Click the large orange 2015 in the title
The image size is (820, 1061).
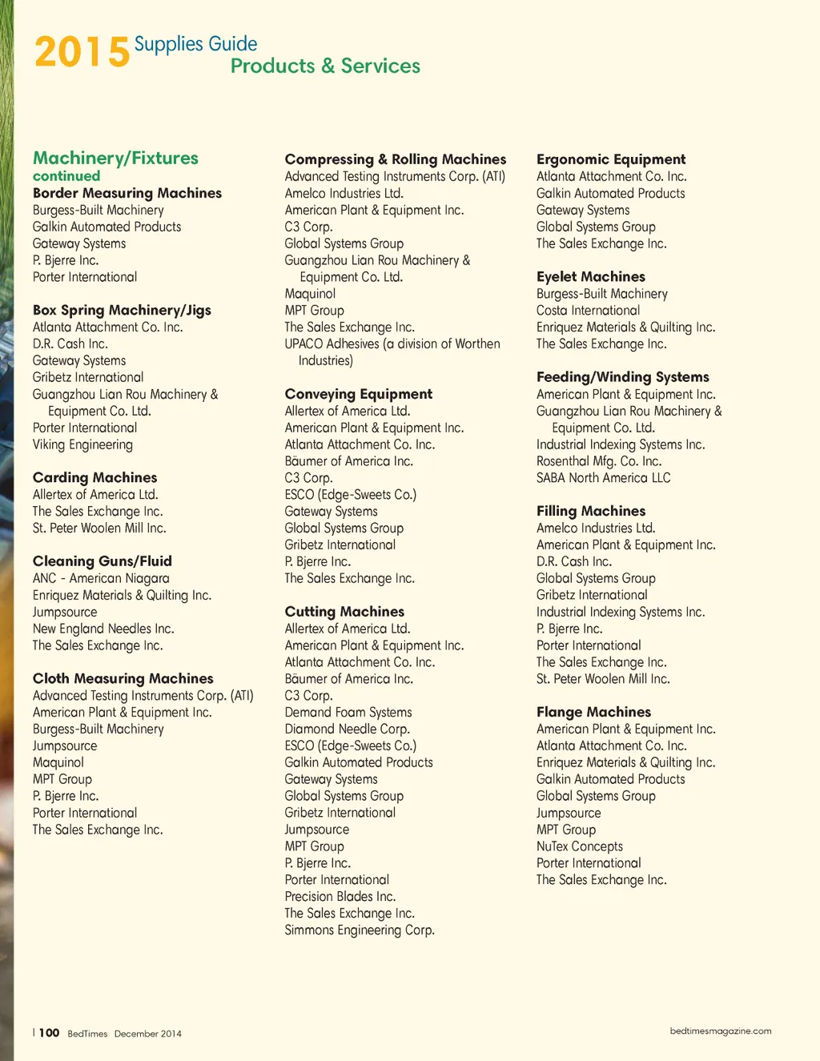pyautogui.click(x=82, y=53)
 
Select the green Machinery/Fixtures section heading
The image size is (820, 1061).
pyautogui.click(x=115, y=158)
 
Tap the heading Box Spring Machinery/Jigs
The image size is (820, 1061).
pyautogui.click(x=122, y=310)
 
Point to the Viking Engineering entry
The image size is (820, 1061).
pyautogui.click(x=82, y=444)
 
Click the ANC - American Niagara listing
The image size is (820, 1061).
pyautogui.click(x=101, y=578)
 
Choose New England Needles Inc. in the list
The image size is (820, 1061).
pyautogui.click(x=103, y=629)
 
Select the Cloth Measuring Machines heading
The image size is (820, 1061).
pyautogui.click(x=123, y=678)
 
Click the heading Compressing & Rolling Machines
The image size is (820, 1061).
pyautogui.click(x=396, y=159)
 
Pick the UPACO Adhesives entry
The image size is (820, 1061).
pyautogui.click(x=392, y=344)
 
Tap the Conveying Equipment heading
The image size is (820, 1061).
pyautogui.click(x=359, y=394)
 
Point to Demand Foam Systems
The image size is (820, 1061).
pyautogui.click(x=348, y=712)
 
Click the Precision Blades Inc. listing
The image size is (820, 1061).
pyautogui.click(x=340, y=896)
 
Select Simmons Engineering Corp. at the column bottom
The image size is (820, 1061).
pyautogui.click(x=360, y=930)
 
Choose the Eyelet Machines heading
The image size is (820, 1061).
pyautogui.click(x=591, y=277)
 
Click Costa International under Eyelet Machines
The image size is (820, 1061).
pyautogui.click(x=589, y=311)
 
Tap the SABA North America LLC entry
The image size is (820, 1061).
pyautogui.click(x=604, y=478)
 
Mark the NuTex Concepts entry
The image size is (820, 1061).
pyautogui.click(x=580, y=846)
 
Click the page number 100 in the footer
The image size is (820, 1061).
pyautogui.click(x=49, y=1033)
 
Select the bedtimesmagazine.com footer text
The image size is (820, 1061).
pyautogui.click(x=721, y=1031)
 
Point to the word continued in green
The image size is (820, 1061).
pyautogui.click(x=66, y=175)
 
